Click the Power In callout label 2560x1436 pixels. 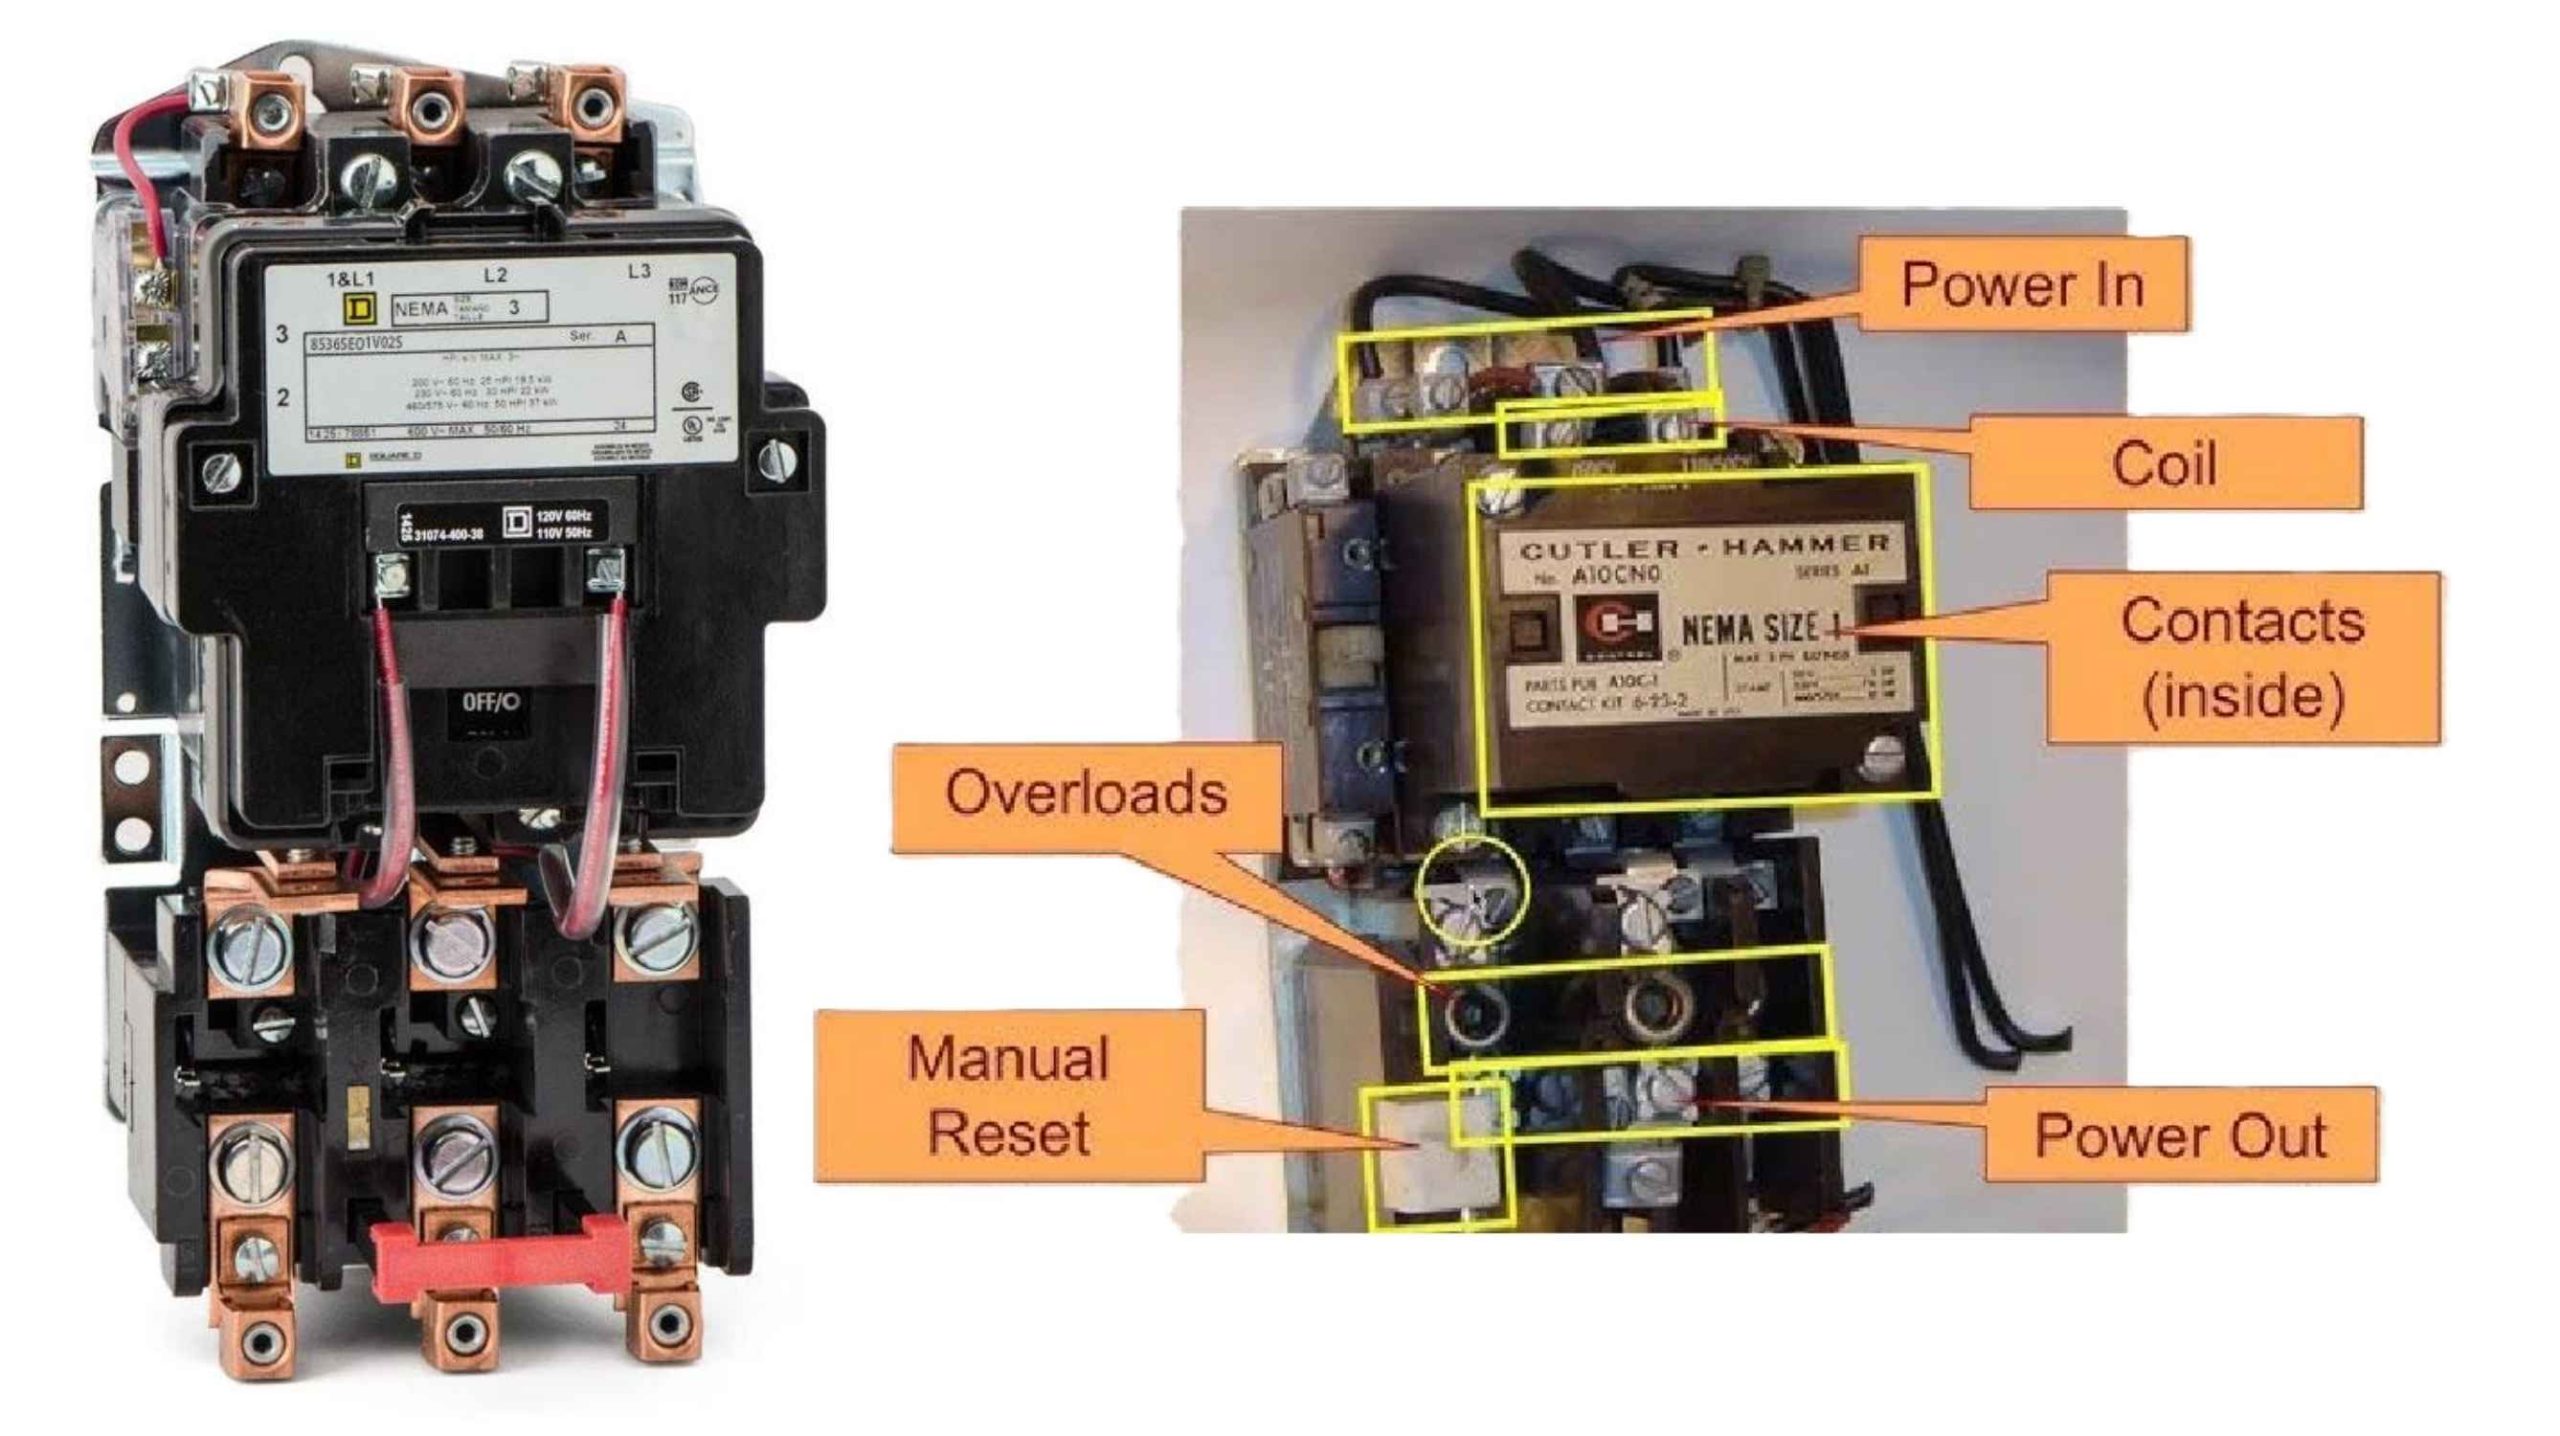click(x=2022, y=284)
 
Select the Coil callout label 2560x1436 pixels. click(x=2164, y=464)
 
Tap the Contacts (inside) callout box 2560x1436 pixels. click(x=2242, y=657)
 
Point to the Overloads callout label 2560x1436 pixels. click(x=1086, y=794)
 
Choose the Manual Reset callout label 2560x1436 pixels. click(x=1008, y=1096)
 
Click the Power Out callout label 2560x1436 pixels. click(x=2180, y=1135)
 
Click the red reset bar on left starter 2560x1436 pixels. click(x=499, y=1261)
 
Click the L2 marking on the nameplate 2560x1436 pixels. click(x=495, y=275)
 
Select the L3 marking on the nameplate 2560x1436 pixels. click(x=638, y=271)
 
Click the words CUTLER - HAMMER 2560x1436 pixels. click(x=1704, y=546)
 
